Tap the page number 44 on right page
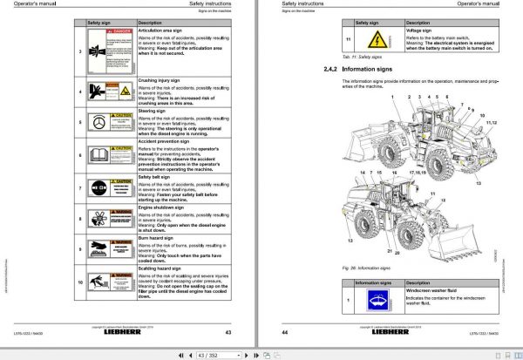(x=285, y=332)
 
